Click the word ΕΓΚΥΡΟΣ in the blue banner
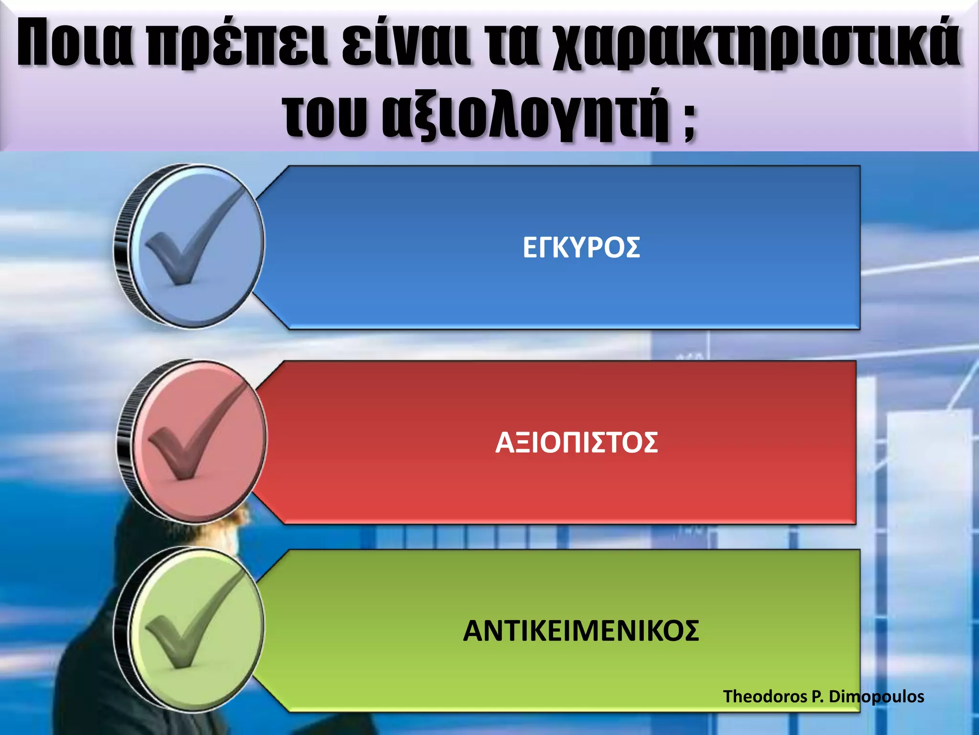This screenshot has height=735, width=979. point(581,248)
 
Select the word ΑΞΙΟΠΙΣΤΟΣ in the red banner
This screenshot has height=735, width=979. point(576,443)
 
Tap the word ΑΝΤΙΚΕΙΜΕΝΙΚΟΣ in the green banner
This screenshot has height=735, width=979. point(581,631)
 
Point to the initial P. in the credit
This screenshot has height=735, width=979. point(818,696)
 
